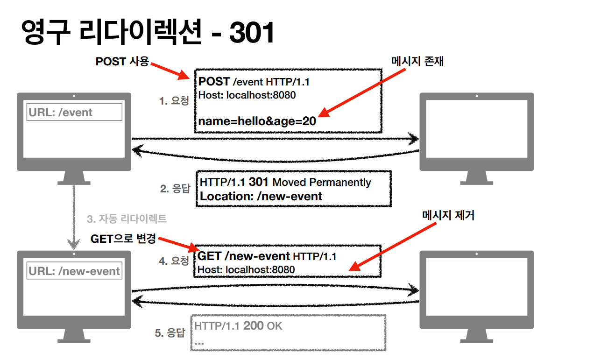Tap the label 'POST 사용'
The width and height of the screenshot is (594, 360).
pos(122,62)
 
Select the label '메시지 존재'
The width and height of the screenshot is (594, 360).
pos(417,61)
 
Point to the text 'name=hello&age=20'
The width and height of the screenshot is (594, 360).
pos(257,121)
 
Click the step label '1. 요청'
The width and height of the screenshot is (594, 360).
pos(174,101)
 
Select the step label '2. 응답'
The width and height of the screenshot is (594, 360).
pos(175,189)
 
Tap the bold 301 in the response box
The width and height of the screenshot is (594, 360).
pos(259,182)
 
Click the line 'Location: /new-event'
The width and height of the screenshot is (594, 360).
pos(261,196)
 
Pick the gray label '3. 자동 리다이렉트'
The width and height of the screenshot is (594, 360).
pos(127,219)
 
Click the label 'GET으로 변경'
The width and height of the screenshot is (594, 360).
pos(123,239)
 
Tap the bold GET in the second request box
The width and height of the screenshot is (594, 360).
pos(210,256)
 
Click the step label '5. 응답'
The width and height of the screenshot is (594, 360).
pos(170,333)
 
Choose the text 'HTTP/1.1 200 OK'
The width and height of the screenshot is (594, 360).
pos(238,326)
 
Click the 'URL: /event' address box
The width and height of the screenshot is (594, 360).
pos(74,113)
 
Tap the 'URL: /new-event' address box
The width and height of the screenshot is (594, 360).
pos(74,271)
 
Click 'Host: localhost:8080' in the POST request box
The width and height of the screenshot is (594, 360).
pos(247,95)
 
